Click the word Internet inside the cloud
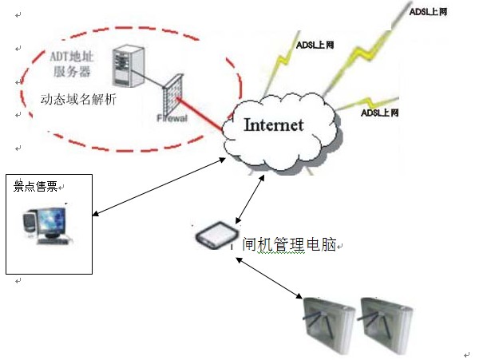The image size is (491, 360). pyautogui.click(x=274, y=125)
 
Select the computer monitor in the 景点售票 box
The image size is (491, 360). pyautogui.click(x=49, y=221)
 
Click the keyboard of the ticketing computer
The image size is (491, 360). pyautogui.click(x=56, y=241)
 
